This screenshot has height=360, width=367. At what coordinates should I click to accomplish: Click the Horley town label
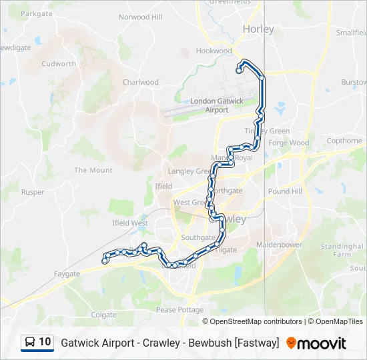point(255,29)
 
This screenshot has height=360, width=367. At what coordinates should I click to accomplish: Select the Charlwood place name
point(140,83)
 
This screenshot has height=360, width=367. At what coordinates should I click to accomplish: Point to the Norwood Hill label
point(140,17)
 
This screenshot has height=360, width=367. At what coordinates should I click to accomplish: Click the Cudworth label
point(59,64)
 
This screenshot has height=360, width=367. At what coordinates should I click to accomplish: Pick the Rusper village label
point(33,192)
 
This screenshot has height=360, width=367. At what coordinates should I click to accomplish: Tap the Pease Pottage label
point(179,310)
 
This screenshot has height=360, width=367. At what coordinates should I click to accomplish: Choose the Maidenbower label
point(279,245)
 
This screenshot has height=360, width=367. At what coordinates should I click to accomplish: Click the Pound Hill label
point(280,191)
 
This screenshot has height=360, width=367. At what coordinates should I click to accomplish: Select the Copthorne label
point(344,141)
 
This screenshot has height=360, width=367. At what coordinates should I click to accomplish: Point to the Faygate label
point(67,273)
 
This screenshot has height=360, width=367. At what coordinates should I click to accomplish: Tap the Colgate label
point(103,314)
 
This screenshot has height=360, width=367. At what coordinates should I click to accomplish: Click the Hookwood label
point(214,51)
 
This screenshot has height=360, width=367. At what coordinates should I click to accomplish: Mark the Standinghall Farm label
point(342,250)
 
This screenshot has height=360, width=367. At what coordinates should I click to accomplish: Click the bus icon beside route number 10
point(30,342)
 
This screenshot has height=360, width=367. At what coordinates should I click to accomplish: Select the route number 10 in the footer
point(45,342)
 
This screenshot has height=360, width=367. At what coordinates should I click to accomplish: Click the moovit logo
point(316,343)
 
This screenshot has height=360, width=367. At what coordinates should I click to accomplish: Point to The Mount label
point(93,171)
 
